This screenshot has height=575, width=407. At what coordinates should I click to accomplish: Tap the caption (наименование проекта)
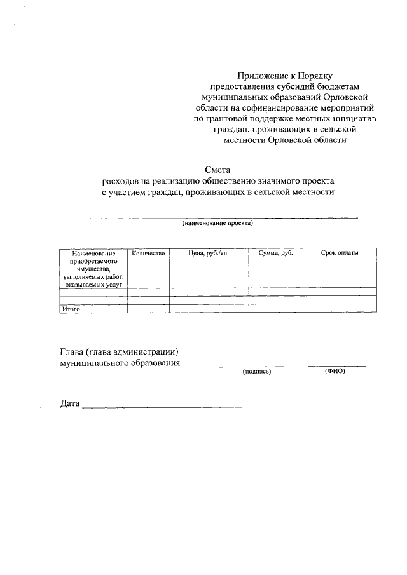coord(217,224)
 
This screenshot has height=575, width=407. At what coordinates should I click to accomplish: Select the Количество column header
coord(148,254)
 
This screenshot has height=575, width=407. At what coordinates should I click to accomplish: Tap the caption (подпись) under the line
coord(257,372)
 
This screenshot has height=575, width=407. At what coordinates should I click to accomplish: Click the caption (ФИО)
coord(335,371)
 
